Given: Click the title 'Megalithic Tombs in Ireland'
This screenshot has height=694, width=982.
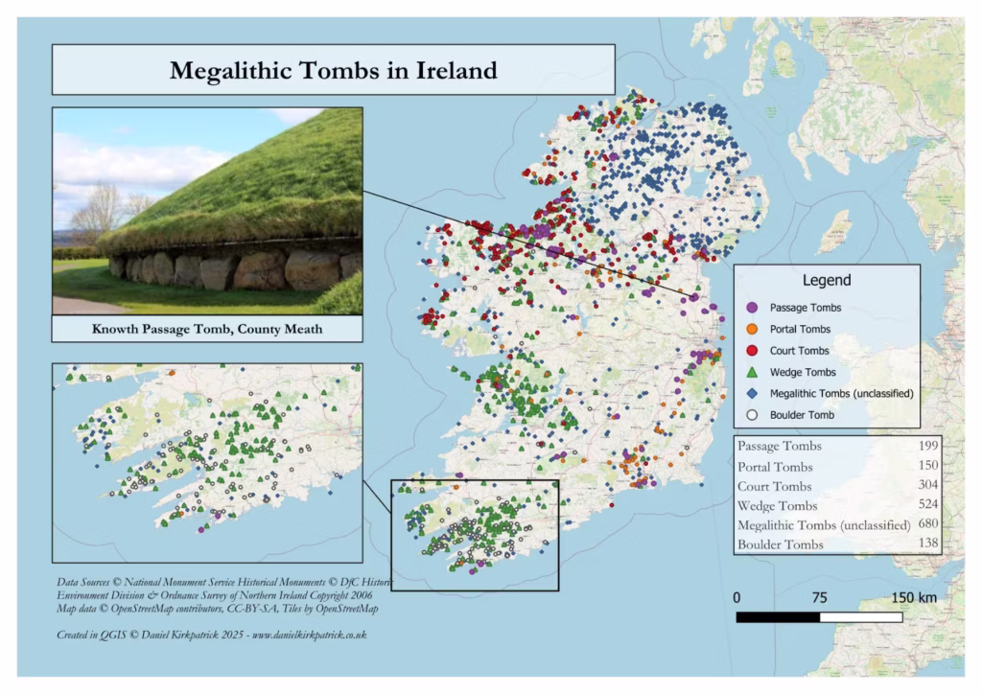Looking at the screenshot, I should click(333, 70).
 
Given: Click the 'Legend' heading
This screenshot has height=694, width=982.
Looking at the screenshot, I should click(826, 281).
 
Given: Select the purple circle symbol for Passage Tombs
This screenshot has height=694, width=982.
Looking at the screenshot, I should click(753, 308).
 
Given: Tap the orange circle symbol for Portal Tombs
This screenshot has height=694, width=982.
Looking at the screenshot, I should click(753, 329).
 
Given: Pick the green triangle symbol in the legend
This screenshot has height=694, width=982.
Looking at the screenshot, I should click(753, 372).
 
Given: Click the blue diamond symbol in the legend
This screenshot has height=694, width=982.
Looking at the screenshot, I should click(753, 394).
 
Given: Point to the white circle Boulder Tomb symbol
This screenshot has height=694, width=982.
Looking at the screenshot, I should click(753, 415).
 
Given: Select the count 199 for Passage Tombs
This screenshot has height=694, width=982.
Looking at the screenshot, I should click(923, 447).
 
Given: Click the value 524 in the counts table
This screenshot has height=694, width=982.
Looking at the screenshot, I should click(923, 505).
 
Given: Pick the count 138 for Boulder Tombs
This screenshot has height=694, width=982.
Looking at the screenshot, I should click(923, 544).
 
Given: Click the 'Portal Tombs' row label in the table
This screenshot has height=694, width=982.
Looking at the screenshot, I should click(775, 467).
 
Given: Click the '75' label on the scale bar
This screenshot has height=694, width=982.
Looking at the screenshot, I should click(819, 597).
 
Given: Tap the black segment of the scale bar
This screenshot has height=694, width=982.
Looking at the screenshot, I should click(778, 616).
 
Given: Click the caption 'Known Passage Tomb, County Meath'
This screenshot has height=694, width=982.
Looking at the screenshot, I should click(207, 329).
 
